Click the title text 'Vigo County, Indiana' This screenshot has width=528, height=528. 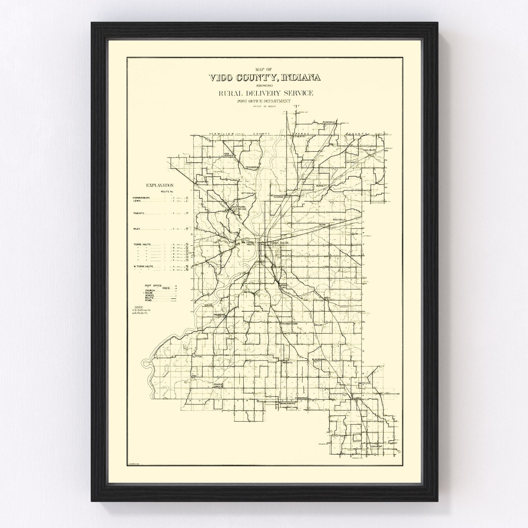[x=264, y=78]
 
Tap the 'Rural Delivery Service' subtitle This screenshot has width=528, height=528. [x=265, y=93]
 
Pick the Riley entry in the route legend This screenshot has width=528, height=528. [x=137, y=229]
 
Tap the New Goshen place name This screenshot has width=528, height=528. [x=229, y=156]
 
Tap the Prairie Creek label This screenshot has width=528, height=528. [x=218, y=385]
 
